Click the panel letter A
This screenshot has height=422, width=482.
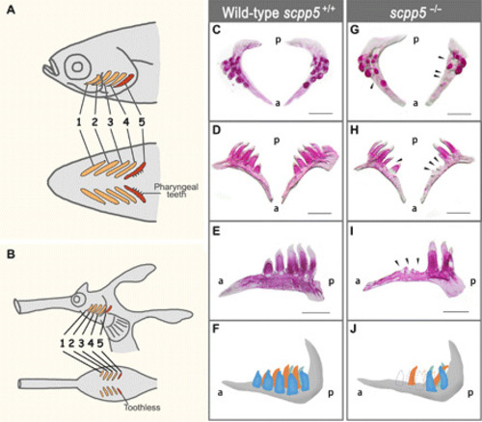pyautogui.click(x=12, y=10)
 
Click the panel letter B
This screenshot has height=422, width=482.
pyautogui.click(x=12, y=254)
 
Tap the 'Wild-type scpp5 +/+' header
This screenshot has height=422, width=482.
pyautogui.click(x=279, y=13)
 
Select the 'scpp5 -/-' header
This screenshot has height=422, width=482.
pyautogui.click(x=416, y=13)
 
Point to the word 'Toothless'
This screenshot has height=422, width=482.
pyautogui.click(x=143, y=408)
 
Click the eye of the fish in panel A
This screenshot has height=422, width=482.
pyautogui.click(x=77, y=66)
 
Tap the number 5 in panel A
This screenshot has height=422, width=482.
pyautogui.click(x=142, y=122)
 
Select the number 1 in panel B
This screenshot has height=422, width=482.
pyautogui.click(x=63, y=343)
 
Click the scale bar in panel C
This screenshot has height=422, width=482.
pyautogui.click(x=321, y=113)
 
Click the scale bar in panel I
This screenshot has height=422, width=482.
pyautogui.click(x=457, y=311)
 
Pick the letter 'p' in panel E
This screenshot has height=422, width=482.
pyautogui.click(x=331, y=282)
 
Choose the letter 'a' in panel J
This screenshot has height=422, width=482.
pyautogui.click(x=360, y=392)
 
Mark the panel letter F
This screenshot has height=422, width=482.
pyautogui.click(x=216, y=330)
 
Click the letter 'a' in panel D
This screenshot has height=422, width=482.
pyautogui.click(x=276, y=209)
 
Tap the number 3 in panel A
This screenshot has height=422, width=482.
pyautogui.click(x=111, y=122)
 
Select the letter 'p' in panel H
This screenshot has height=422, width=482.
pyautogui.click(x=415, y=141)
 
